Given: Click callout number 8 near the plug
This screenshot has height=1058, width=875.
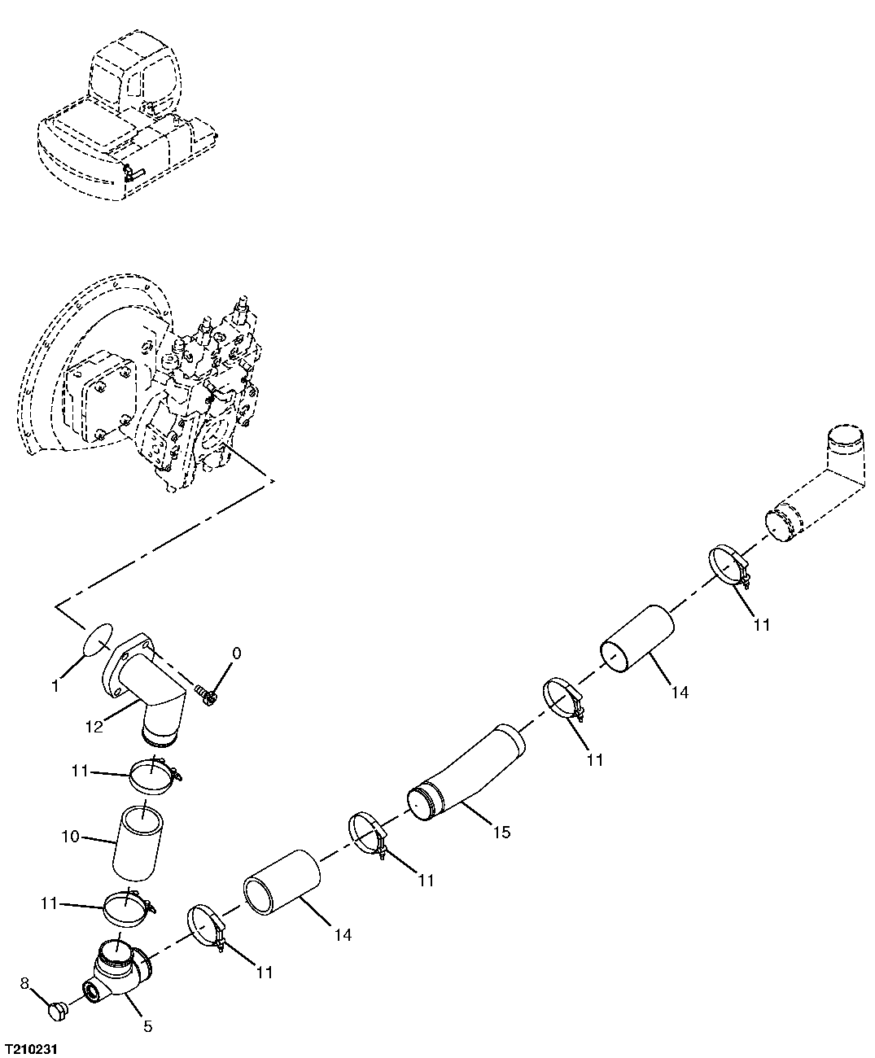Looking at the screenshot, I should click(24, 984).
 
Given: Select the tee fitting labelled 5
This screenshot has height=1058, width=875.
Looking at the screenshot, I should click(117, 968).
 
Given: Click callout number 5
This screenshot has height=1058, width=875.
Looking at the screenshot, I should click(147, 1026).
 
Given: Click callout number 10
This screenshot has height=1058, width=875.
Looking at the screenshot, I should click(71, 835).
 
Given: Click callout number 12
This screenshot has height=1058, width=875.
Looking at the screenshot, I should click(94, 727).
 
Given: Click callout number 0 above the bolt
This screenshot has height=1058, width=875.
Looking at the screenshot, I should click(236, 653).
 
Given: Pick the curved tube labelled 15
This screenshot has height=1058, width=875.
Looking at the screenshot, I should click(468, 773).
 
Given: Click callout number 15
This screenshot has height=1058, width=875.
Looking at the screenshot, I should click(501, 832).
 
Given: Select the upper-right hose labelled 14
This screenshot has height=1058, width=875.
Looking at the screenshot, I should click(638, 639).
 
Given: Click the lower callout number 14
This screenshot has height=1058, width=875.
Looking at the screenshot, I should click(343, 935).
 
